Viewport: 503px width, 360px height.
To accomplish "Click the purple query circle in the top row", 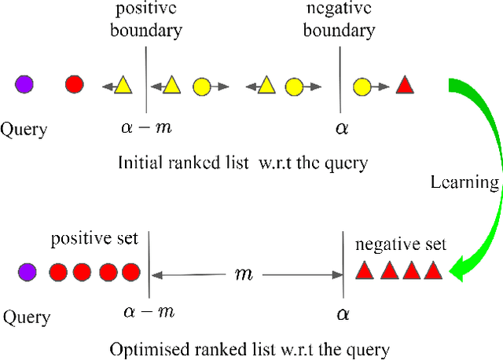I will (x=24, y=83).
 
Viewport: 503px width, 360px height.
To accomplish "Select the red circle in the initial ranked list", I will (x=74, y=84).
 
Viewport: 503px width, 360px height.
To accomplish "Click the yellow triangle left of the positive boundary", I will (x=123, y=85).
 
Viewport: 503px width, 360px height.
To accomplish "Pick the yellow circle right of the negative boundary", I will (x=362, y=85).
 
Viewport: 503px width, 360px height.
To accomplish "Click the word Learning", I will (x=464, y=182).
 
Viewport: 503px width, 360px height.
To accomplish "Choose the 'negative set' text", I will (x=400, y=244).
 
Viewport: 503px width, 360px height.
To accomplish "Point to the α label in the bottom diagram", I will (x=343, y=314).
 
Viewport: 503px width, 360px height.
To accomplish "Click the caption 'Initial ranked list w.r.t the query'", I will (x=243, y=163).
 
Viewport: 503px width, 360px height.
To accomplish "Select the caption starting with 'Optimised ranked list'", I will (x=250, y=347).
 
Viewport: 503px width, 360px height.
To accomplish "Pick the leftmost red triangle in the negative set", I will (x=364, y=272).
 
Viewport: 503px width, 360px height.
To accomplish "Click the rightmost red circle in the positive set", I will (x=130, y=273).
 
